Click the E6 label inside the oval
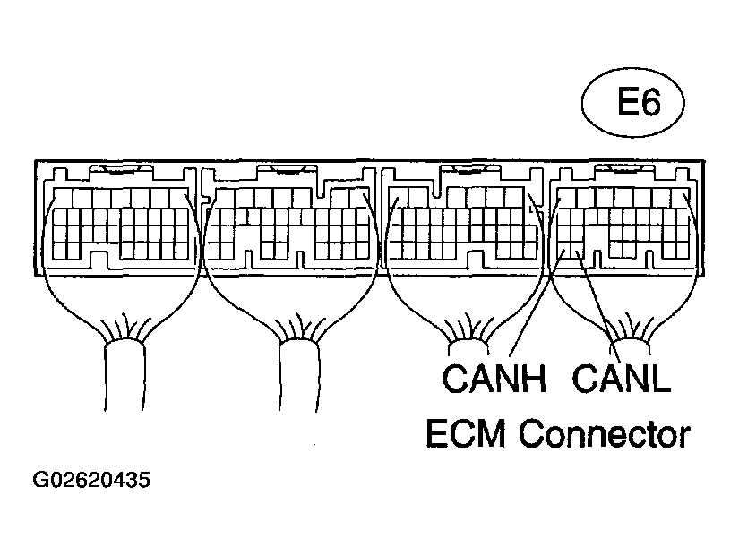tap(639, 102)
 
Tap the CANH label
tap(494, 379)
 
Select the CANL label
tap(621, 379)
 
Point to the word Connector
tap(605, 433)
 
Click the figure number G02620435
tap(91, 480)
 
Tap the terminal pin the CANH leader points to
tap(563, 252)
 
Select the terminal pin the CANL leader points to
tap(577, 252)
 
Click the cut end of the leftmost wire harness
tap(124, 410)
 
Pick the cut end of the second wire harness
tap(298, 410)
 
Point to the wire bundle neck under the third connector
tap(468, 347)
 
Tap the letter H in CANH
tap(535, 379)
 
